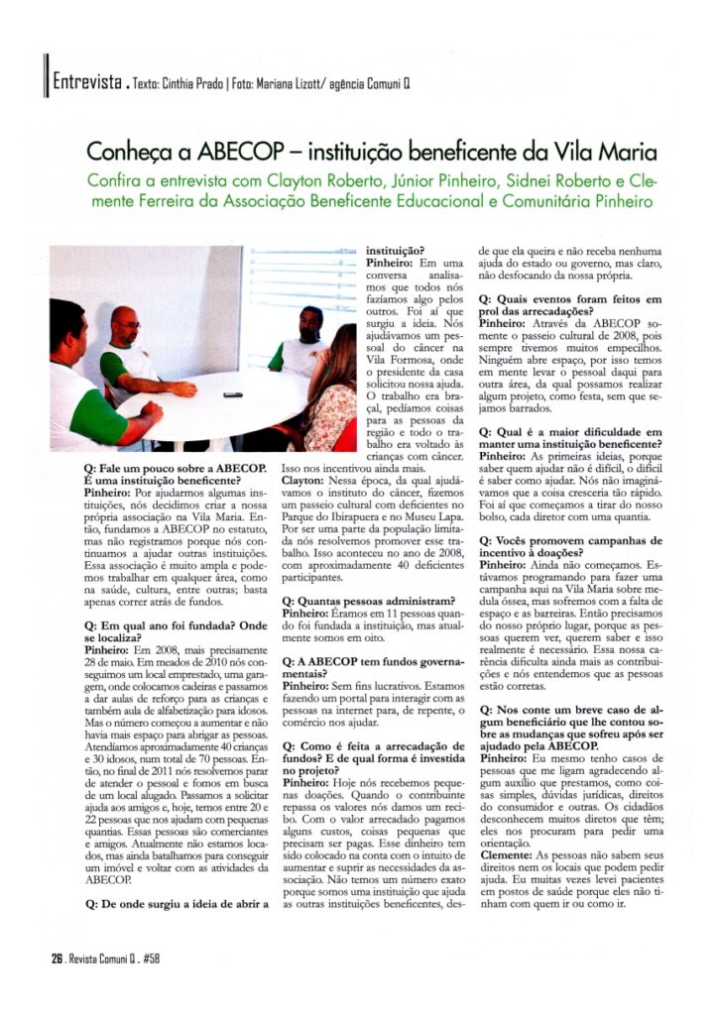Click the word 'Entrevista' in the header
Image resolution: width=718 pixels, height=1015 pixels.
[x=86, y=80]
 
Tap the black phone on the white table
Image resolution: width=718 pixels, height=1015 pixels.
[x=232, y=395]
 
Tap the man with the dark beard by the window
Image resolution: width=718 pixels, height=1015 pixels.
[x=305, y=342]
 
